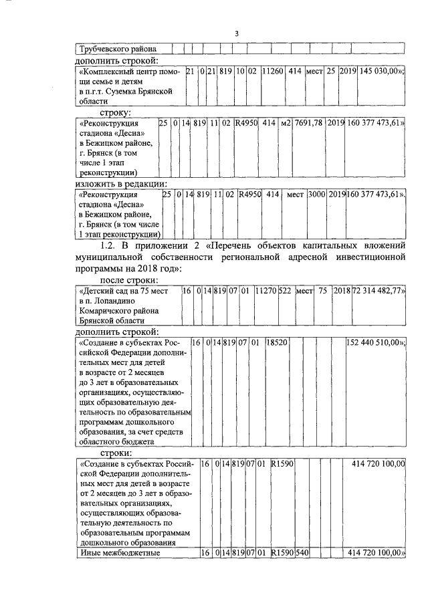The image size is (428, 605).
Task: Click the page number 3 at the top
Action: [x=237, y=34]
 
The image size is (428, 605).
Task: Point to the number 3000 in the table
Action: [x=316, y=195]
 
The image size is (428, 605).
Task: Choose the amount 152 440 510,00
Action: [x=375, y=342]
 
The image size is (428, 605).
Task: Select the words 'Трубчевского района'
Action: [x=118, y=48]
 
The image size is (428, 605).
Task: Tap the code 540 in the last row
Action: [x=302, y=553]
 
